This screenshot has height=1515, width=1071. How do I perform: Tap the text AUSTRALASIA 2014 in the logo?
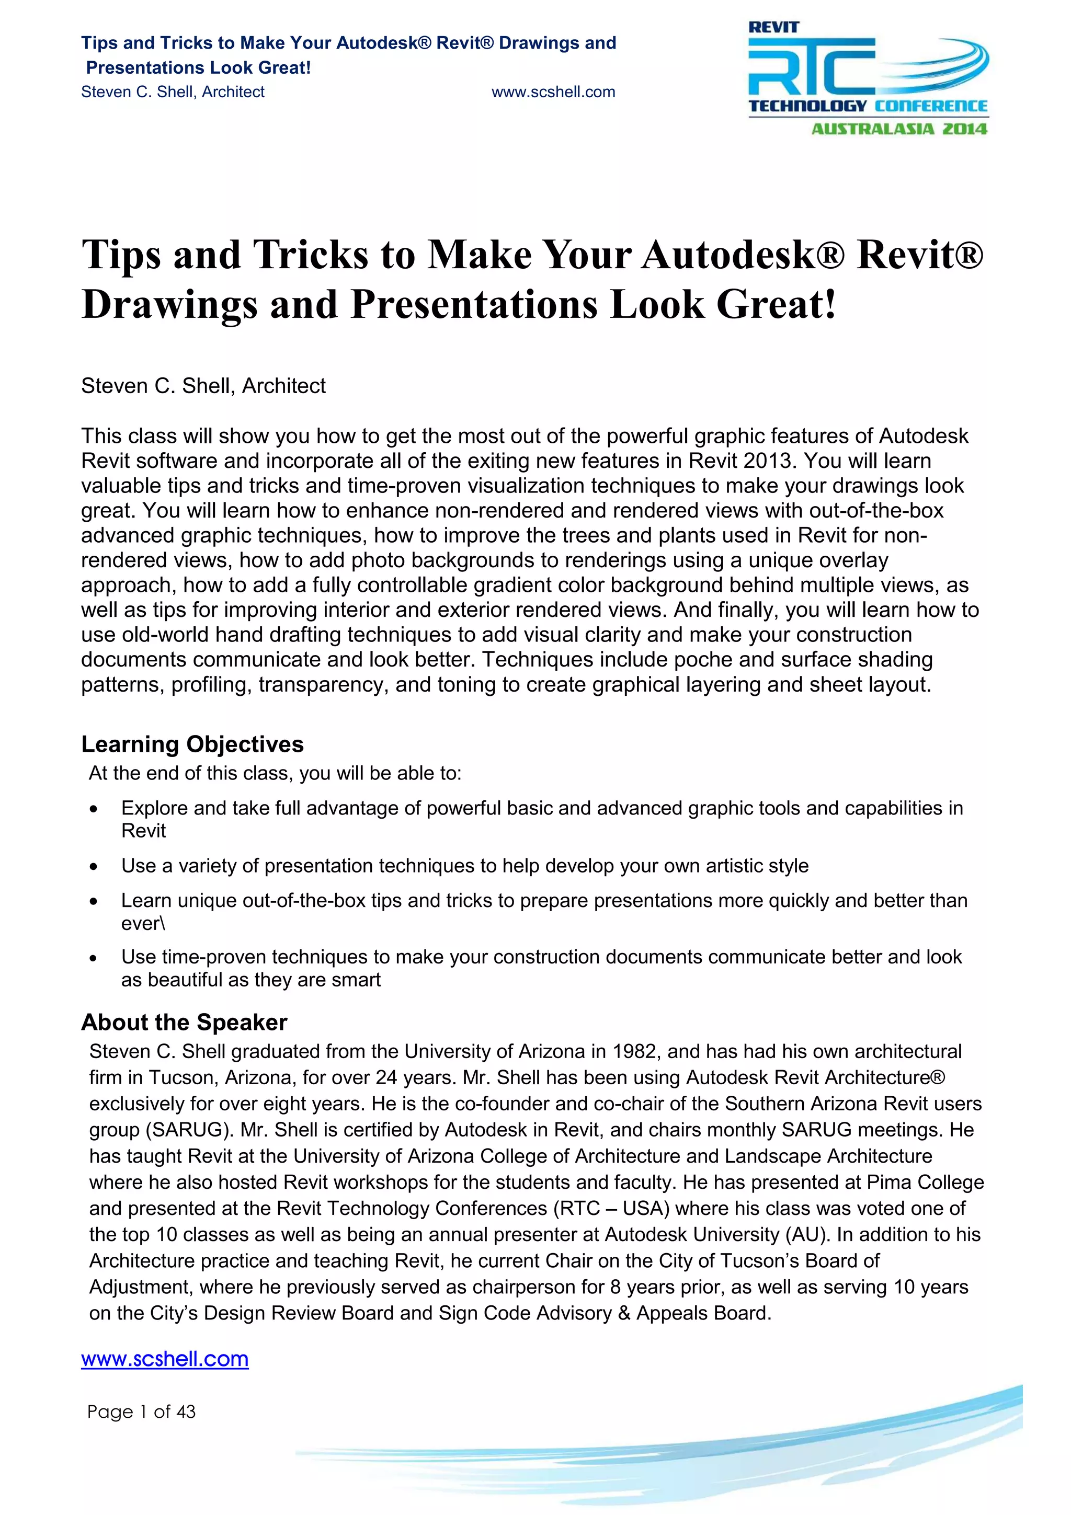click(899, 129)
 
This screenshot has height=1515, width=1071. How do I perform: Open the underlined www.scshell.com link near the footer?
click(164, 1359)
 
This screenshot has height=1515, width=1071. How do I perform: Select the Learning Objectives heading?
click(192, 744)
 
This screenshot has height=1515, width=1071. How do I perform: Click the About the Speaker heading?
click(184, 1022)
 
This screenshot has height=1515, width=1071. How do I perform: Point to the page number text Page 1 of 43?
click(141, 1411)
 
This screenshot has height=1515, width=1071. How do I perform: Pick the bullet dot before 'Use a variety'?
click(94, 866)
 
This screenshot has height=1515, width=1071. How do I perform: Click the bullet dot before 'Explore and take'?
click(94, 809)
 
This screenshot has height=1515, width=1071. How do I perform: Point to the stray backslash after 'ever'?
click(162, 923)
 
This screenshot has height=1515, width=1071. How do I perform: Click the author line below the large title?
click(203, 386)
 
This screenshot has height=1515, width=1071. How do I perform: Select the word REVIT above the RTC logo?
click(773, 28)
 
